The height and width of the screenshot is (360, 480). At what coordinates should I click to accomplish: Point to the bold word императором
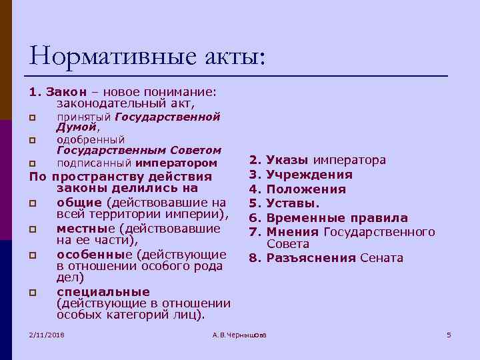tap(176, 163)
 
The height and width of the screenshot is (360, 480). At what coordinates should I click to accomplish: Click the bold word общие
tap(79, 202)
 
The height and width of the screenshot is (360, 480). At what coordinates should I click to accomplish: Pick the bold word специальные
tap(103, 292)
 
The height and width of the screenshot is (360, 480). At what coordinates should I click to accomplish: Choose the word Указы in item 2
tap(287, 160)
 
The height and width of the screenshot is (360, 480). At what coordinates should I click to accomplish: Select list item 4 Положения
tap(306, 189)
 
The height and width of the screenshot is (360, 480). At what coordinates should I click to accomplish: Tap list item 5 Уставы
tap(293, 203)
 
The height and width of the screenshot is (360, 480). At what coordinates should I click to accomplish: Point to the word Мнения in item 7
tap(293, 232)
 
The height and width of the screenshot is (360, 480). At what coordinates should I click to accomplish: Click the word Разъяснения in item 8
tap(311, 259)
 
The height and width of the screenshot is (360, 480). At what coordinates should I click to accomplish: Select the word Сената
tap(381, 259)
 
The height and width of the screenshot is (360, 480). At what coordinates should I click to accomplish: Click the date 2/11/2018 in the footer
tap(47, 334)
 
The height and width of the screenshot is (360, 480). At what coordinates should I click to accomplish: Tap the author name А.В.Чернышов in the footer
tap(239, 334)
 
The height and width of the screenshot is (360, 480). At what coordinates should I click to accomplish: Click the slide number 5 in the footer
tap(449, 334)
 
